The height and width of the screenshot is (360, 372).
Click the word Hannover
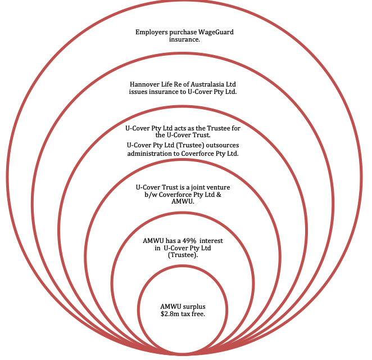pyautogui.click(x=146, y=84)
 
